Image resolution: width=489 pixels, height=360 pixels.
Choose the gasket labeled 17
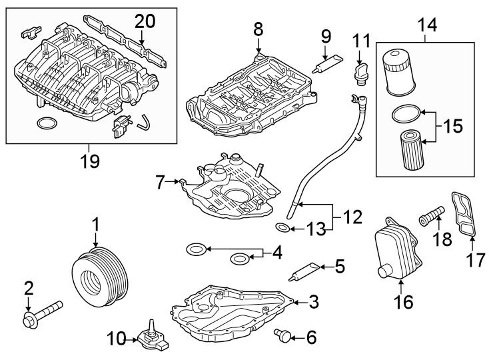464,213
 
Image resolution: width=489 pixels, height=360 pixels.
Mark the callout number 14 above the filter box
427,26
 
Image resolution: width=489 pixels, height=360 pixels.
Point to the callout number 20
145,22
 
